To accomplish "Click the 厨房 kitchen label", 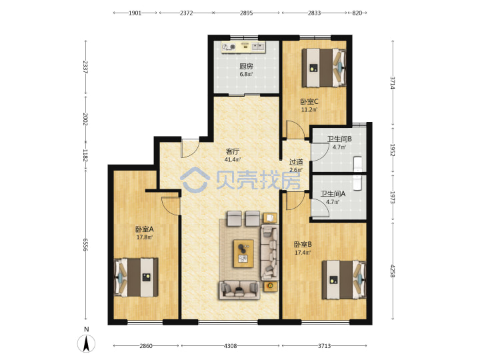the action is (x=246, y=66).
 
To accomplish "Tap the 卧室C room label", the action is (x=309, y=101).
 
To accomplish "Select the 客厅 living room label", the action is (x=233, y=151).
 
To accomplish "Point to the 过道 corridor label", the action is (x=296, y=162).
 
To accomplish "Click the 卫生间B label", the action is (x=339, y=139).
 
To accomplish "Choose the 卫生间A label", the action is (x=333, y=194).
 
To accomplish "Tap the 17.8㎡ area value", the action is (x=145, y=237).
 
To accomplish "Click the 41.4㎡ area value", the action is (x=233, y=159).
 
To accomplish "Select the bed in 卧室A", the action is (x=136, y=277).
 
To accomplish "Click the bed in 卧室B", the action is (x=344, y=279).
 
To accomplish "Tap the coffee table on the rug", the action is (x=243, y=253).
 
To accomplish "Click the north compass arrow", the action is (x=87, y=343).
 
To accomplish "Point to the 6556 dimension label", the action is (x=85, y=245).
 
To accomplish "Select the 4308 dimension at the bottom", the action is (x=230, y=346).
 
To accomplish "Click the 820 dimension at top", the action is (x=357, y=13).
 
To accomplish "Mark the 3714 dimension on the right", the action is (x=393, y=83).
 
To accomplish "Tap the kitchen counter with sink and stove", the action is (x=244, y=47).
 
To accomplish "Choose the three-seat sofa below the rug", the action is (x=239, y=289).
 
